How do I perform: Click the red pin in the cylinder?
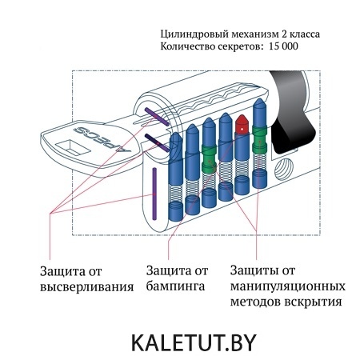point(242,125)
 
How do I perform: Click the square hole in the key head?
point(73,147)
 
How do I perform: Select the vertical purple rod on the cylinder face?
point(154,194)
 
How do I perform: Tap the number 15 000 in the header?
point(283,46)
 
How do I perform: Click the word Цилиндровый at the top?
point(194,34)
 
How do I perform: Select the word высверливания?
point(87,287)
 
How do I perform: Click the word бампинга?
point(175,287)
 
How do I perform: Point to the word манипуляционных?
point(288,286)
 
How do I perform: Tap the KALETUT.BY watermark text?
point(194,343)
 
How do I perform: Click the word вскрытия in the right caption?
point(314,302)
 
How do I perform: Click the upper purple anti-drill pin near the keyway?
point(157,117)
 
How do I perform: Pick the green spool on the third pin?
point(209,159)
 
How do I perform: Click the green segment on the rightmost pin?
point(259,138)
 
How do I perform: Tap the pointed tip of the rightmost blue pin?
point(259,99)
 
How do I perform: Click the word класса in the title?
point(305,34)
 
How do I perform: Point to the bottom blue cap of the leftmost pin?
point(176,210)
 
